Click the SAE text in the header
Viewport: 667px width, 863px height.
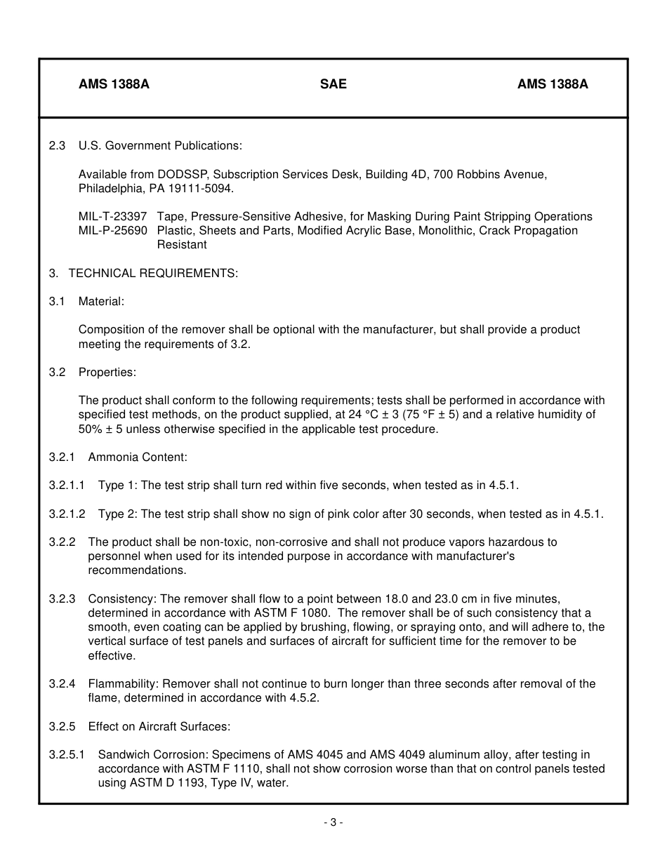pos(333,84)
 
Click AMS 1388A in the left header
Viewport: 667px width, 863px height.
pos(114,84)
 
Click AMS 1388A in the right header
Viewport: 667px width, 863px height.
pos(553,84)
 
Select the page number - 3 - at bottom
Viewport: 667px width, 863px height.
pos(333,823)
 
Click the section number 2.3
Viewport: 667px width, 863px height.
pos(57,146)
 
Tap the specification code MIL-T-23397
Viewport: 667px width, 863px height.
pos(112,217)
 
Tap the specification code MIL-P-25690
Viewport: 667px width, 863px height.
pos(112,231)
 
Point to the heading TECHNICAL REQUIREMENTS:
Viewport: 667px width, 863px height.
pos(153,274)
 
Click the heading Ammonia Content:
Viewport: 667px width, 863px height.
pos(138,457)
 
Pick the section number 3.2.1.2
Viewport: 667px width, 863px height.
pos(67,514)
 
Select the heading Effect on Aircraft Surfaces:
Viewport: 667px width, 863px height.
pos(159,727)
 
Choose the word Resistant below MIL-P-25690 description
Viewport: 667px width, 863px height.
pos(182,245)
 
